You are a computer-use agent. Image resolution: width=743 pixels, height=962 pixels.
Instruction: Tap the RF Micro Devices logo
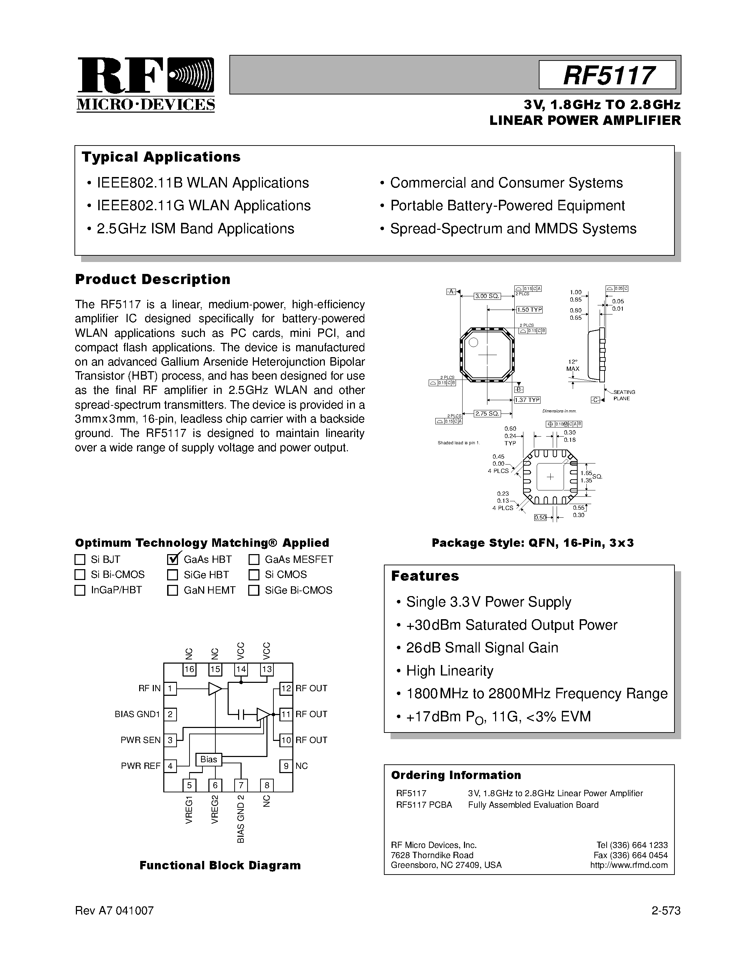click(146, 84)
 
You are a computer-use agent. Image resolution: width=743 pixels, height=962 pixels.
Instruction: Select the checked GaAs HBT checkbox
click(172, 559)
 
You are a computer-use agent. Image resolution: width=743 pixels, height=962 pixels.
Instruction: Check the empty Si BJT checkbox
click(80, 559)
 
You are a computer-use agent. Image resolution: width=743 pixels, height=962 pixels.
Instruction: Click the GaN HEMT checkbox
click(172, 590)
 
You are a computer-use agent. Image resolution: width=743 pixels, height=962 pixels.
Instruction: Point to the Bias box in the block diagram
click(209, 759)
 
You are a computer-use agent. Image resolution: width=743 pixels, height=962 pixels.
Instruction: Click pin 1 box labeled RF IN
click(170, 688)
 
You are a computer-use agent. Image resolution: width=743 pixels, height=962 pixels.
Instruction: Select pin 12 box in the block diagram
click(286, 688)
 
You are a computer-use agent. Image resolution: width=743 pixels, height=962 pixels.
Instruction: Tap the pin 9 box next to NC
click(286, 766)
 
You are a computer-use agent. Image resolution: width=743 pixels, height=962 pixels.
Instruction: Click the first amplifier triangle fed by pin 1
click(215, 688)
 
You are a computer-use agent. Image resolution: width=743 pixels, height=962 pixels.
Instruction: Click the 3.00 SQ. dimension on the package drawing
click(487, 296)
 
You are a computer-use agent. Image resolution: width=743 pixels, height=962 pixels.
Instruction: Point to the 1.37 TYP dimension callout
click(527, 400)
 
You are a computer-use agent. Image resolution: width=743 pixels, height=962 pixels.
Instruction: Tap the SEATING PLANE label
click(624, 395)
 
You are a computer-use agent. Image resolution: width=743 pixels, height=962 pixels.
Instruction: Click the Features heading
click(425, 576)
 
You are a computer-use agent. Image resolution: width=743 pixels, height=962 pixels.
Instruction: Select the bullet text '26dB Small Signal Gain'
click(482, 648)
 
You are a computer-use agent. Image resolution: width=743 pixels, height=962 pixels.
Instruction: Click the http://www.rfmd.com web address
click(629, 865)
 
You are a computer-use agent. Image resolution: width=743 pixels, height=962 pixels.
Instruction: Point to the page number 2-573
click(665, 911)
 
